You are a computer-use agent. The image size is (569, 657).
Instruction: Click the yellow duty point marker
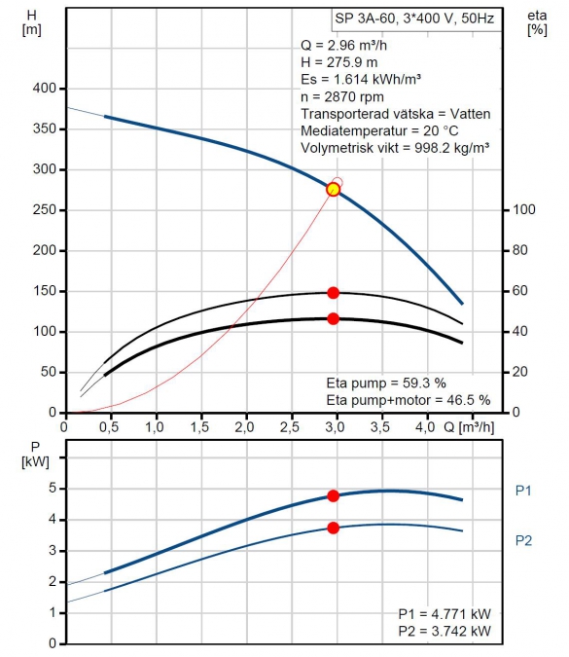333,190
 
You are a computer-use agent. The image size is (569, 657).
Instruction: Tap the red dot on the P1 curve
333,496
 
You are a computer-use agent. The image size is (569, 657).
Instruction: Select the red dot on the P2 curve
333,528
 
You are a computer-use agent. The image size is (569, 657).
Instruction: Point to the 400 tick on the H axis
45,89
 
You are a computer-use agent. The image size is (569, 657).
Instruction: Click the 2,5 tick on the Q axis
290,427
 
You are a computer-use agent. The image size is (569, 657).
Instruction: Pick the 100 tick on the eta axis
524,209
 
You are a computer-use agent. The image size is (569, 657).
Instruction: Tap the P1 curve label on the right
523,491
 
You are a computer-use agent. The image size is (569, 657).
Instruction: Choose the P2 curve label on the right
523,540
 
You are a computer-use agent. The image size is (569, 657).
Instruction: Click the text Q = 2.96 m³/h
343,45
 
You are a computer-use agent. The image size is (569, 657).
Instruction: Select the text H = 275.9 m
339,62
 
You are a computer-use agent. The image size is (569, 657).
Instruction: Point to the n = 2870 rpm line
342,96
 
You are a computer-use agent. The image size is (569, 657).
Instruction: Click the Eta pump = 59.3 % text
386,383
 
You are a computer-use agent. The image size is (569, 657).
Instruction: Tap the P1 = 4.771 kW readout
445,614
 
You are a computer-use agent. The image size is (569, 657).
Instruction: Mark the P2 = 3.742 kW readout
445,631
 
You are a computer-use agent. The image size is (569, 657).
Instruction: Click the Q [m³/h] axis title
469,427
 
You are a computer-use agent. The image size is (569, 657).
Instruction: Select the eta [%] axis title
537,22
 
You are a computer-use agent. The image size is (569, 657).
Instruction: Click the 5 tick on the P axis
53,488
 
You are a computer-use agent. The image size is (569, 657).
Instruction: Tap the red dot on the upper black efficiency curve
333,293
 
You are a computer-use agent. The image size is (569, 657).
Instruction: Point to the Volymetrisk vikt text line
395,148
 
